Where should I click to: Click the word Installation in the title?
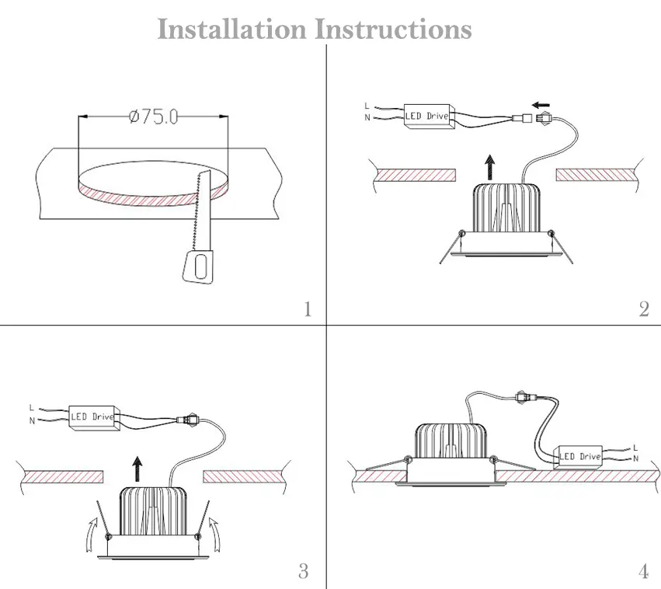232,29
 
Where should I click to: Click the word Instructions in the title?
394,29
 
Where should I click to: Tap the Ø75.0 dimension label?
154,117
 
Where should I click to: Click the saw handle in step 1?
198,266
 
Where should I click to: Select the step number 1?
308,309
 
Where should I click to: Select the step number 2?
644,309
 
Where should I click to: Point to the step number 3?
304,571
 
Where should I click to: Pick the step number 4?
643,571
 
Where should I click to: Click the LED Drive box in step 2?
429,117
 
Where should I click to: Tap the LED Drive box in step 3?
95,418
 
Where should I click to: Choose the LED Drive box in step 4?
580,457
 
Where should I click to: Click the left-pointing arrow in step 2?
541,105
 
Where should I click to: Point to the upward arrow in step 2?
490,167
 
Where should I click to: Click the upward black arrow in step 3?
137,469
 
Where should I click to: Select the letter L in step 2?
367,106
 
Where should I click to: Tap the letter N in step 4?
635,458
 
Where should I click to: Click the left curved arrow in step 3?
91,535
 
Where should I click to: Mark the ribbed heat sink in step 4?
451,441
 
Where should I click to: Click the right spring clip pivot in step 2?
551,233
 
